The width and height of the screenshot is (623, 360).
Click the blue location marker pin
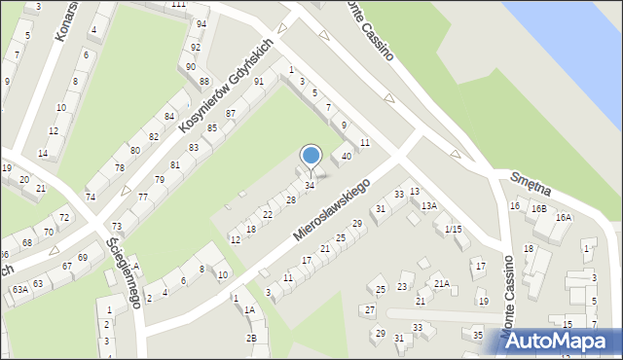311,156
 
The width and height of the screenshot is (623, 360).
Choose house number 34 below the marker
310,185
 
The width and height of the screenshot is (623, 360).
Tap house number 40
346,157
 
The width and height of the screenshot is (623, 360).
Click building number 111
178,5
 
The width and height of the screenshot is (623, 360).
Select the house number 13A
428,205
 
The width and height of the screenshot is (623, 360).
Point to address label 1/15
453,229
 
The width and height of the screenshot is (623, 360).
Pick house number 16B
538,208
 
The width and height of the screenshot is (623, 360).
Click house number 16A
563,218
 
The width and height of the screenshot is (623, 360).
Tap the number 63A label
19,289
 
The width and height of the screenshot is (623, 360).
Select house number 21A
442,284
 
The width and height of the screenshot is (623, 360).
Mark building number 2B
251,338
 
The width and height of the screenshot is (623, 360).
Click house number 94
201,23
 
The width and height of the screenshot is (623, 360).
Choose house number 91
258,82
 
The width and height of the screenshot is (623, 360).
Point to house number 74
91,197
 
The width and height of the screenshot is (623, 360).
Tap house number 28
290,199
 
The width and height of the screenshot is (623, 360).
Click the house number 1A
249,309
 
